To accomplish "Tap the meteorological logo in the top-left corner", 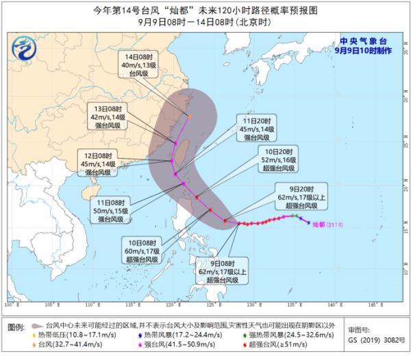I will pyautogui.click(x=26, y=48).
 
